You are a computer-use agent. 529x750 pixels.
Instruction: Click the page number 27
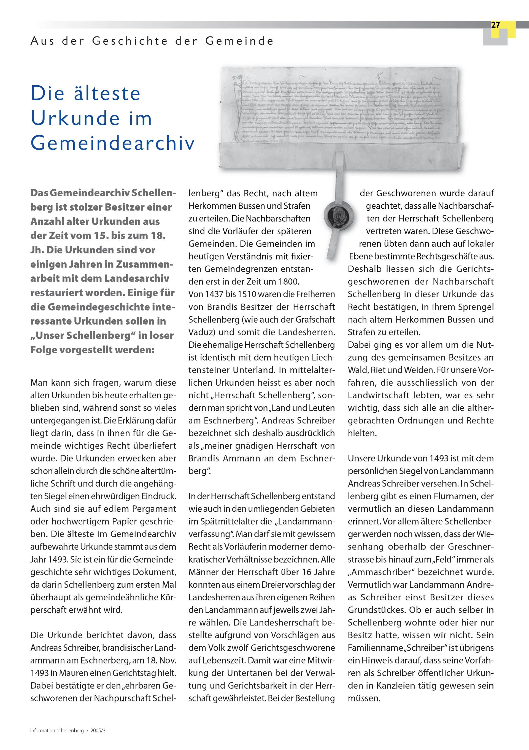point(495,25)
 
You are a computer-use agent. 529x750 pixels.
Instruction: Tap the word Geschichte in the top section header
point(130,41)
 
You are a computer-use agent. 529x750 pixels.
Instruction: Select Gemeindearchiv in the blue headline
point(112,143)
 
